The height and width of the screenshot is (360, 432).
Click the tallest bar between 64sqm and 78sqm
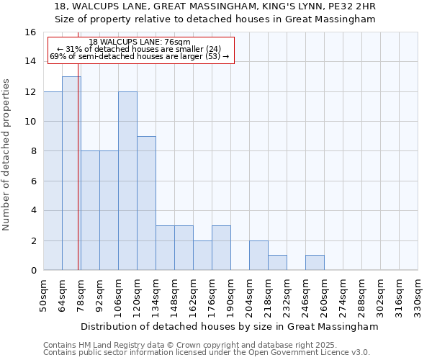click(71, 173)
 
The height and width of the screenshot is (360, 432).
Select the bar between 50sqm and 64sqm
click(53, 180)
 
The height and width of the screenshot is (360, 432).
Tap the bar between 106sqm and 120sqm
click(127, 180)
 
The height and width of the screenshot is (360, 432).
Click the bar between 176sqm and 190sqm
click(221, 248)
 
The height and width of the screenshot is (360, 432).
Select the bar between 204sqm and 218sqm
click(258, 256)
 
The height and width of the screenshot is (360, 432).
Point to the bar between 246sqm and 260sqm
click(315, 263)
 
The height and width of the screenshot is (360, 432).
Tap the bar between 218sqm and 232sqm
click(277, 263)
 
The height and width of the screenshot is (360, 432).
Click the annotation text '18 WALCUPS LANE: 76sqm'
click(140, 42)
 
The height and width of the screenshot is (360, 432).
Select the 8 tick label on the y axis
click(33, 151)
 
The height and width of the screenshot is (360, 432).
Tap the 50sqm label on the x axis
click(44, 294)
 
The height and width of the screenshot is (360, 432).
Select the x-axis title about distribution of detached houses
click(230, 326)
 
